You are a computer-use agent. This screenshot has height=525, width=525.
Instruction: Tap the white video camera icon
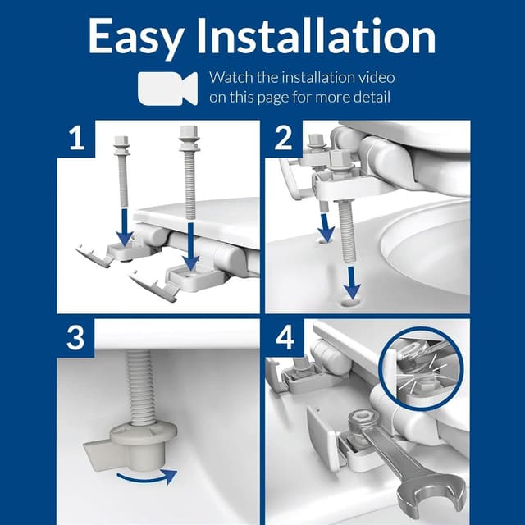[167, 87]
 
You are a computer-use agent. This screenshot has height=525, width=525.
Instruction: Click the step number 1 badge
[76, 137]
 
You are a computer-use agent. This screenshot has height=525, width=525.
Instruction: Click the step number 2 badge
[283, 137]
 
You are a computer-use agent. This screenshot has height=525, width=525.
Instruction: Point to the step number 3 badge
[76, 338]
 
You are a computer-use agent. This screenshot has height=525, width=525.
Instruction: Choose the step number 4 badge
[283, 338]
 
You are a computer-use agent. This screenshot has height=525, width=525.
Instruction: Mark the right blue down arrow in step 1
[189, 249]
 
